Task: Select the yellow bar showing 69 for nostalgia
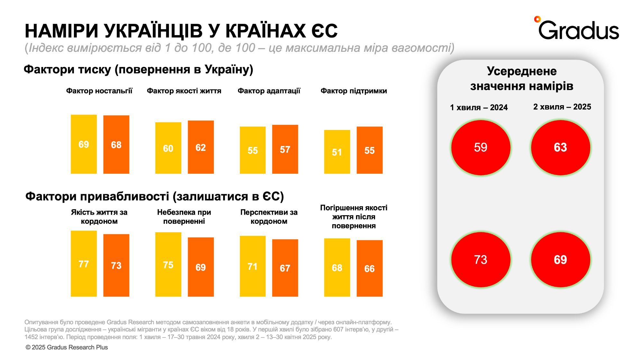point(84,144)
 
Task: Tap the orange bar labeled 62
point(201,147)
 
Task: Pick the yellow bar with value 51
point(337,152)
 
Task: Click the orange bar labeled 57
point(285,149)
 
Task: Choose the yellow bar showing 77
point(84,263)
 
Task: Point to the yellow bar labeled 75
point(168,264)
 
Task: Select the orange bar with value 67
point(285,268)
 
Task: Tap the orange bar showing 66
point(369,268)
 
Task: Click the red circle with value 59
point(481,148)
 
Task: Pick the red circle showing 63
point(560,148)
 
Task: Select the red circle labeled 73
point(481,260)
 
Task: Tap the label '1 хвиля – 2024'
point(479,107)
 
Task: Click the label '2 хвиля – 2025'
point(562,107)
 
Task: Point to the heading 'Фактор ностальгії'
point(99,91)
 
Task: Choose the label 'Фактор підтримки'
point(354,91)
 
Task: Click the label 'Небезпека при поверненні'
point(184,217)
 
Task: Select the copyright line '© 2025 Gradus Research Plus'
point(67,347)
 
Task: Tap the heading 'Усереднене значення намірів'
point(521,78)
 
